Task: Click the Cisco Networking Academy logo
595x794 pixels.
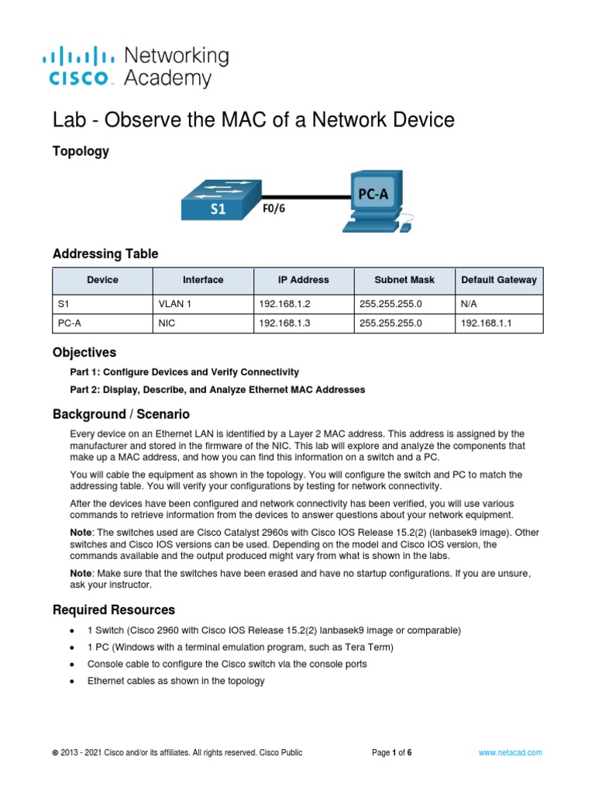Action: (x=136, y=67)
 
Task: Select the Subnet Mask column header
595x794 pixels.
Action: (x=404, y=280)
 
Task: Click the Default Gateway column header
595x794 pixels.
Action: (x=499, y=280)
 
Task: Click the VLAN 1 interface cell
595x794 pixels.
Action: (x=174, y=305)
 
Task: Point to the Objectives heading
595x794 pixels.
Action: (x=84, y=353)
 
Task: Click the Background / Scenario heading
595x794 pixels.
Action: (x=120, y=414)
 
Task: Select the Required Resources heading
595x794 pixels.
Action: (x=113, y=609)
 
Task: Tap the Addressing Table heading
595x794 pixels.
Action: (x=105, y=254)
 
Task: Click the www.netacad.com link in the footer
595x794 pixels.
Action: (x=511, y=752)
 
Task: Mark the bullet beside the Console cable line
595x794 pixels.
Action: (x=72, y=665)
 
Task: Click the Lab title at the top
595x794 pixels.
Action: (x=253, y=120)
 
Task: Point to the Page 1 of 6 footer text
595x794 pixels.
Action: (x=392, y=752)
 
